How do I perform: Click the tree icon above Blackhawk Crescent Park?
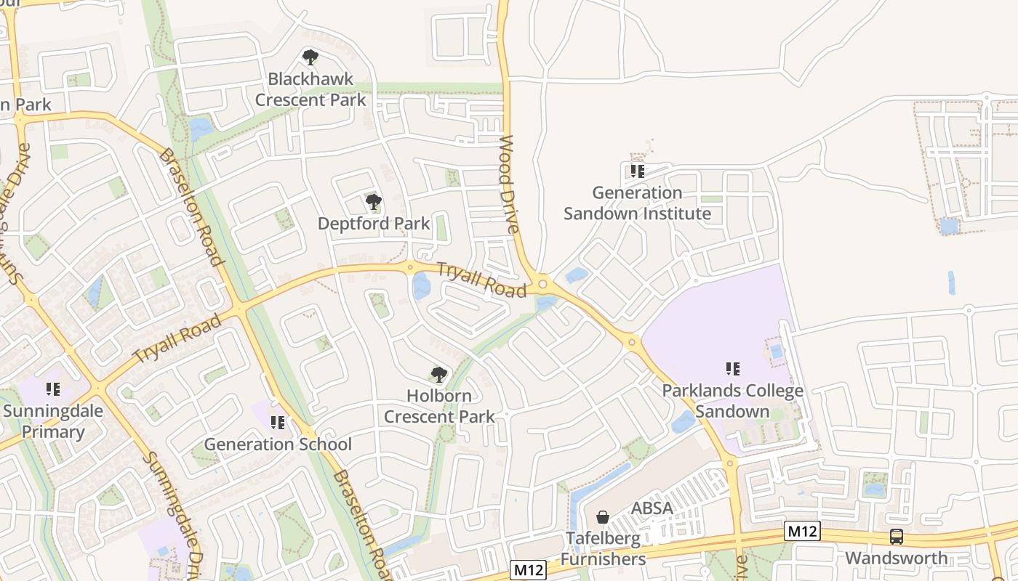point(310,57)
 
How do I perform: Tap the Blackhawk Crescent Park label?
point(310,89)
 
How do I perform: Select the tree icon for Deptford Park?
point(373,201)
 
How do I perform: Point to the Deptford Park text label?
point(374,223)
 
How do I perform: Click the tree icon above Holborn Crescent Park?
point(438,375)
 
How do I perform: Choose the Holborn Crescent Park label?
point(439,406)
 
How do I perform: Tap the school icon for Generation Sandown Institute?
point(637,171)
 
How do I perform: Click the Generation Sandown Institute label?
point(637,203)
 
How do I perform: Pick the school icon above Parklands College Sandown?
point(732,369)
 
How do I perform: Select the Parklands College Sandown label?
point(732,401)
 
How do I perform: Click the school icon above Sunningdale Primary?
point(52,389)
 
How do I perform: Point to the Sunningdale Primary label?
point(53,421)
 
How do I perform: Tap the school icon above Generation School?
point(277,422)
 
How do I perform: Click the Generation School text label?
point(278,444)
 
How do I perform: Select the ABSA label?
point(652,508)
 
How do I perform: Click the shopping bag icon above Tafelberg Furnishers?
point(602,517)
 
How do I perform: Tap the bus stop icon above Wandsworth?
point(897,537)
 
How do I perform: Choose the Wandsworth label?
point(897,558)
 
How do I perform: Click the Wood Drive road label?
point(509,184)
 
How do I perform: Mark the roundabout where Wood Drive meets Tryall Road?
point(542,283)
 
